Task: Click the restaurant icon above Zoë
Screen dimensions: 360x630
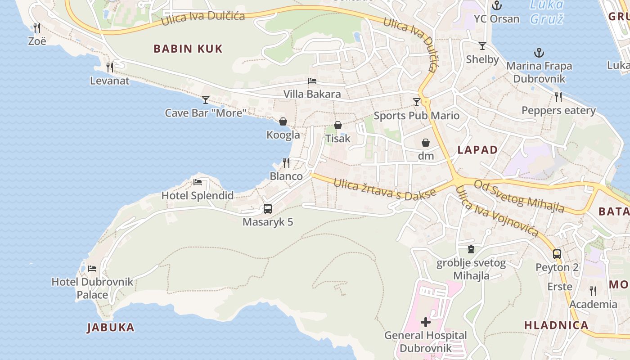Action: coord(37,28)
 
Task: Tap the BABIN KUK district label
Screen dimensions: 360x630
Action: coord(188,49)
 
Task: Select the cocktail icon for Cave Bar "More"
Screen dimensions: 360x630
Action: coord(206,99)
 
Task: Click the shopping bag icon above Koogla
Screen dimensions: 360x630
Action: coord(283,121)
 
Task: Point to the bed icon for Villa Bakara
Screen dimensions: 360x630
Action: coord(312,81)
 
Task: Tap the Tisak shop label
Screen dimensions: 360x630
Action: coord(337,139)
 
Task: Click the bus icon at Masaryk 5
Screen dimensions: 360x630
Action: coord(268,209)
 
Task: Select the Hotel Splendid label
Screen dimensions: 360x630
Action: coord(198,195)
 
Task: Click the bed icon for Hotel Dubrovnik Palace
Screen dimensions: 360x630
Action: coord(92,269)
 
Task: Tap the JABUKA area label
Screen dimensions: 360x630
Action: coord(111,328)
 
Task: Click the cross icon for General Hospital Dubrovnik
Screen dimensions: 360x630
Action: coord(425,322)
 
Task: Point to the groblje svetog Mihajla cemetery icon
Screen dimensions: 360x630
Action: coord(471,249)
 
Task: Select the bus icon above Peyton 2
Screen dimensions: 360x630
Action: coord(557,254)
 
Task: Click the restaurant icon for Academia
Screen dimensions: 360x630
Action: coord(593,291)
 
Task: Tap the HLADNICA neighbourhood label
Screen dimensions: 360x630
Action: coord(556,325)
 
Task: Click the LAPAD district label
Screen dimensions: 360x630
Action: coord(477,150)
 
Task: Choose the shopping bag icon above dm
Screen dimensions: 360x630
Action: coord(425,143)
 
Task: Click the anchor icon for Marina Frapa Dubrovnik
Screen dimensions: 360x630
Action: coord(539,53)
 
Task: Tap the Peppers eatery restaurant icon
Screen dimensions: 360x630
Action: coord(558,97)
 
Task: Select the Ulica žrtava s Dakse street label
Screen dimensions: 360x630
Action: coord(385,189)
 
